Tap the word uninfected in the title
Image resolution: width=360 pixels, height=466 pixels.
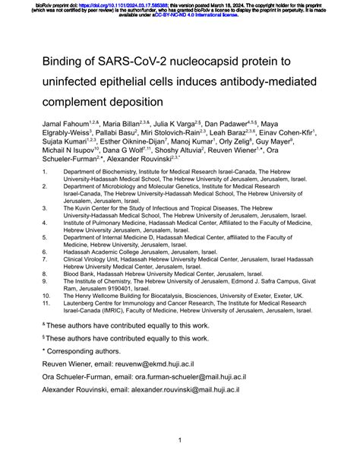79,80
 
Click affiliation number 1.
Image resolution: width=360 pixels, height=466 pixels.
45,193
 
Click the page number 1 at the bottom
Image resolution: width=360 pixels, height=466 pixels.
179,439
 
